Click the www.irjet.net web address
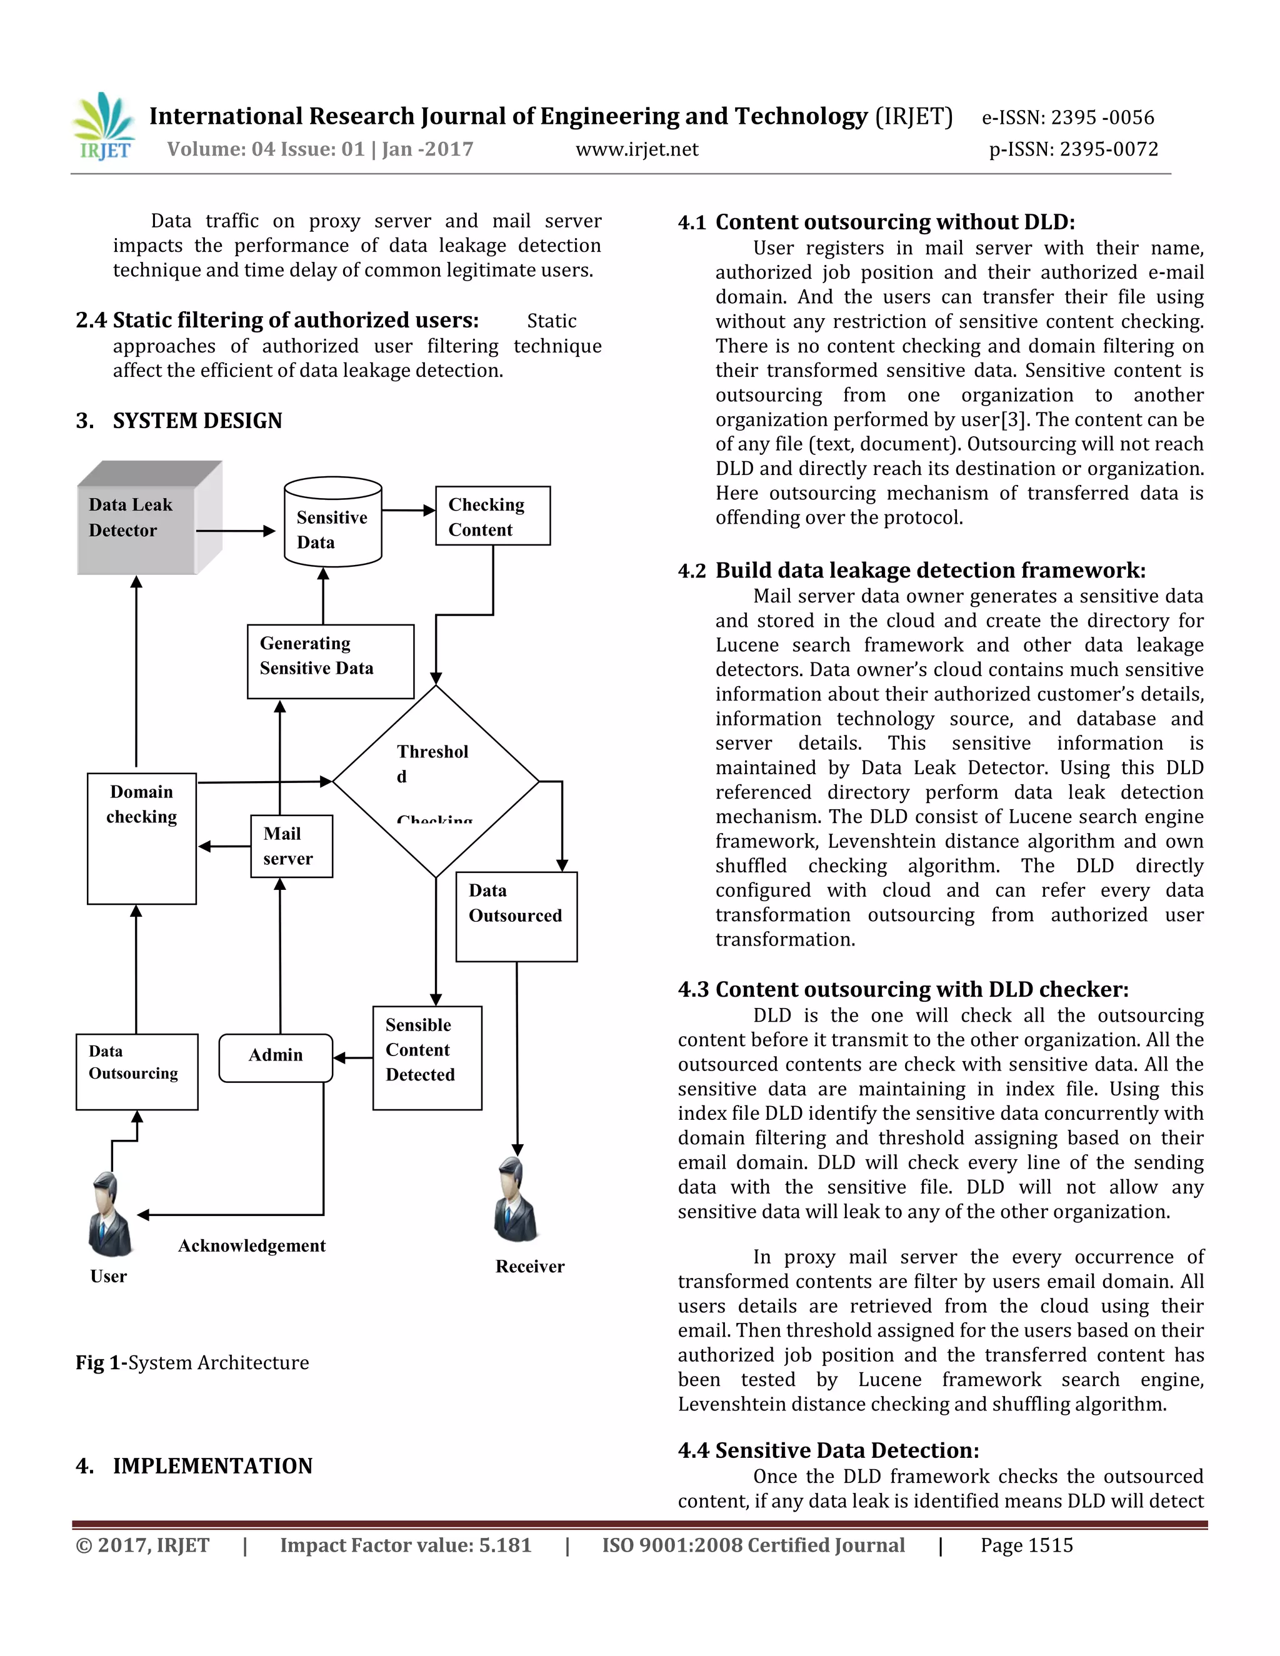point(637,149)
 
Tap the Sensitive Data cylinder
point(332,523)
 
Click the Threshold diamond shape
point(436,781)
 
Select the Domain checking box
point(142,838)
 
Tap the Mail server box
point(291,846)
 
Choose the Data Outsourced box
point(516,916)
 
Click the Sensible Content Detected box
point(427,1058)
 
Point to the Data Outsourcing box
point(136,1071)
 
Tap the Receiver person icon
point(517,1200)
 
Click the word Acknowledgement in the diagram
point(252,1246)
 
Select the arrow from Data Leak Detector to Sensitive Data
point(235,531)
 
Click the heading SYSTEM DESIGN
point(197,421)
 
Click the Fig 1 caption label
point(100,1362)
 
